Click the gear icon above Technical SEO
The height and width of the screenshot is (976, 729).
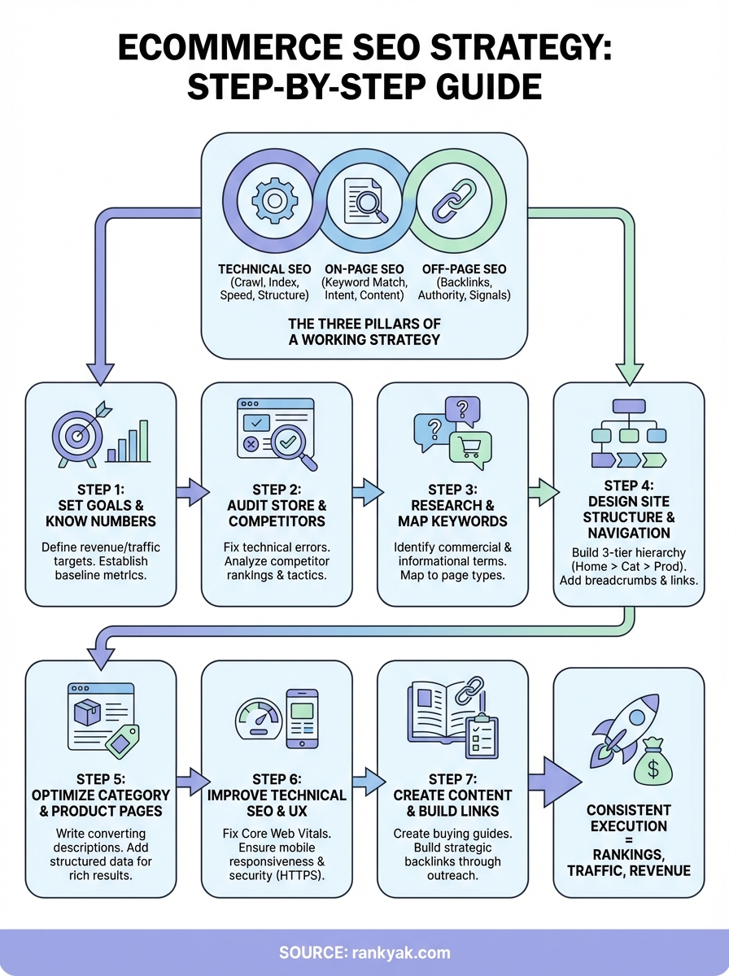click(271, 200)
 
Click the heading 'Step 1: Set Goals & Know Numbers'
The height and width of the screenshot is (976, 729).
click(100, 505)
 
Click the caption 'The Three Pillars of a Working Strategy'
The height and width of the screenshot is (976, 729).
click(364, 332)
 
